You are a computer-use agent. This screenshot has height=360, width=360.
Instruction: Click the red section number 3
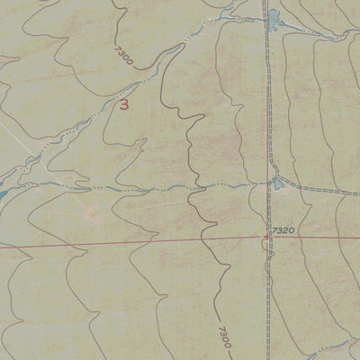(x=123, y=105)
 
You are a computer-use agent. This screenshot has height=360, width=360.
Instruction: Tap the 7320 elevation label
(x=282, y=230)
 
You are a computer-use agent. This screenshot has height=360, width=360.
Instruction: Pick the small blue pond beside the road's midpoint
(x=277, y=184)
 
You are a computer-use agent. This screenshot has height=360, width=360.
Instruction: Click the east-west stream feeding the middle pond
(x=180, y=188)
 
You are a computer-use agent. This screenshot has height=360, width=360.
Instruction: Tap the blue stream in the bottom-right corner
(x=346, y=337)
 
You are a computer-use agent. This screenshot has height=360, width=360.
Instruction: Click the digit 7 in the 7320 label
(x=272, y=230)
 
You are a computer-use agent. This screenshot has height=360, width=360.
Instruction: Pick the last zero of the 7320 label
(x=292, y=230)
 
